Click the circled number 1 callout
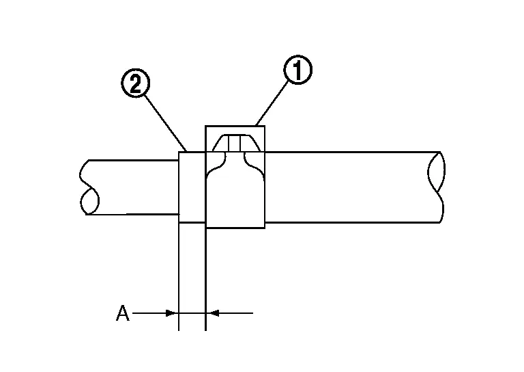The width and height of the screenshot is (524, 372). tap(297, 70)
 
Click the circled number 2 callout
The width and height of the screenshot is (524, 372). tap(135, 83)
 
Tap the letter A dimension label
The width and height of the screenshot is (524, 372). tap(123, 313)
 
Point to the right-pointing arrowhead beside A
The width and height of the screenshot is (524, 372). tap(171, 313)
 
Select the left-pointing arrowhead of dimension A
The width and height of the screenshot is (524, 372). tap(214, 313)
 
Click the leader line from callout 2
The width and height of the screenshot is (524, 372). tap(165, 124)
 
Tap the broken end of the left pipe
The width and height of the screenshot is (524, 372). tap(89, 187)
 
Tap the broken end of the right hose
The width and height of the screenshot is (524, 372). tap(436, 187)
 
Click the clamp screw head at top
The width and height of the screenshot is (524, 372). tap(236, 143)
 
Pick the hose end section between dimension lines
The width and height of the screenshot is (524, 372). tap(192, 187)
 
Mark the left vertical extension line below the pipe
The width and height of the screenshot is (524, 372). tap(179, 276)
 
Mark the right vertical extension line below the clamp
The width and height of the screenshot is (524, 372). tap(205, 279)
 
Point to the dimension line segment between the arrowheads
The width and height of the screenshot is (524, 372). tap(192, 313)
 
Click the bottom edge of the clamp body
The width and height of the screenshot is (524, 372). tap(235, 228)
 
